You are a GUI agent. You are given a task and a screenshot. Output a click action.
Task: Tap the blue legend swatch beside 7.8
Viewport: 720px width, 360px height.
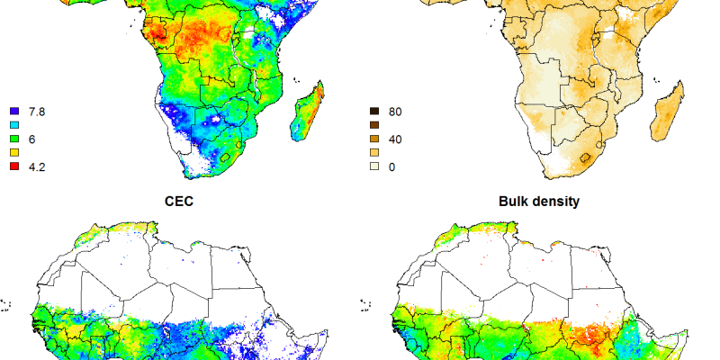(14, 111)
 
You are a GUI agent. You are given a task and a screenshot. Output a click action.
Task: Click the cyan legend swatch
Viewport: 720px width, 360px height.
(14, 125)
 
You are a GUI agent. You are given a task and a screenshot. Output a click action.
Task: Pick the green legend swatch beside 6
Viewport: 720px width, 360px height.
(14, 139)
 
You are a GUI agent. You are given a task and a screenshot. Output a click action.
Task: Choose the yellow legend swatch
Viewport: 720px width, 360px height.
(14, 153)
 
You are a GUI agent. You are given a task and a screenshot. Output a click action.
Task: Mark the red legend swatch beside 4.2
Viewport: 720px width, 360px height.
(14, 166)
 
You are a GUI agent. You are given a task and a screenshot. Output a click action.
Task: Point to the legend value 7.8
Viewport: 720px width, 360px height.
(39, 111)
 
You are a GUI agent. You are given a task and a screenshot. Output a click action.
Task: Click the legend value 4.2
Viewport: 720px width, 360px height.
(39, 166)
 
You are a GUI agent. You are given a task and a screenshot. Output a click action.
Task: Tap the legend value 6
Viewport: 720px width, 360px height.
(33, 139)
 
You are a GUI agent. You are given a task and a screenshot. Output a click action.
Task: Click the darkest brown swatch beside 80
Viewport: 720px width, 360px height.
(374, 111)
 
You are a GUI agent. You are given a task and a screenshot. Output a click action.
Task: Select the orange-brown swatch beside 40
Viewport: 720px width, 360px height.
(374, 139)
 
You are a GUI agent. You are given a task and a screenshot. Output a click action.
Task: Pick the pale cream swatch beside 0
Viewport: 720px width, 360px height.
(374, 166)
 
